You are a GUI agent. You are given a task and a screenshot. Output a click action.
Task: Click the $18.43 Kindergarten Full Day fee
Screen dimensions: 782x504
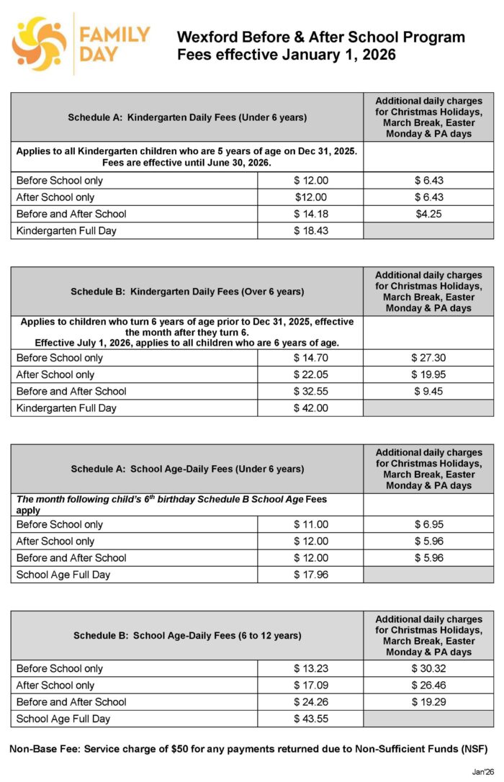[310, 230]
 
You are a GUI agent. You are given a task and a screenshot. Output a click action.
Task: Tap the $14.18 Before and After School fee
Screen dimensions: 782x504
[310, 214]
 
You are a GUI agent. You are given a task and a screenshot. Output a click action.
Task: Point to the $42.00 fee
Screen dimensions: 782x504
[310, 408]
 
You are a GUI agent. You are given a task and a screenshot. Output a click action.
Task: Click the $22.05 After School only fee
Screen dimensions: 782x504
[310, 374]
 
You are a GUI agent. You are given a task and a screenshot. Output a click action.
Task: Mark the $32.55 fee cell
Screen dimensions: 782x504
[310, 391]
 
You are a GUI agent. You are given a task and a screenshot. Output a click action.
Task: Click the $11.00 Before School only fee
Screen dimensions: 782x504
[310, 524]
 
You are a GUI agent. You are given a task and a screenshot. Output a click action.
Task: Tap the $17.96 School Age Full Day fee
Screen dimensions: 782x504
[310, 575]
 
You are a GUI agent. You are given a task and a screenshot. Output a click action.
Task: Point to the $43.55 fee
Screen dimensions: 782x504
[310, 719]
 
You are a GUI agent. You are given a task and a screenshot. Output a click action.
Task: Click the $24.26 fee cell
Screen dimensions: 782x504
[310, 702]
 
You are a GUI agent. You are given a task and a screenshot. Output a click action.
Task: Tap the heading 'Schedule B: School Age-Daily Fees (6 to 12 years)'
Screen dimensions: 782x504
[187, 636]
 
